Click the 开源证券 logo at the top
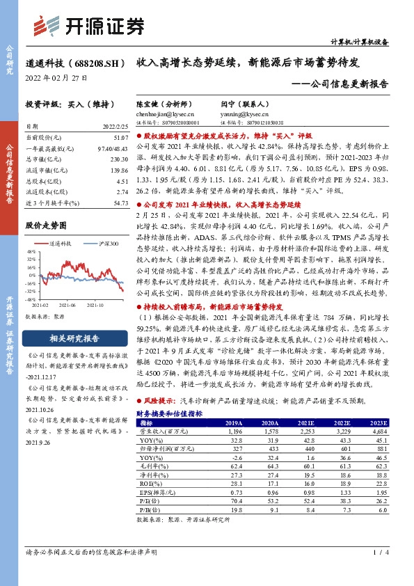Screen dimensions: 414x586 pyautogui.click(x=90, y=26)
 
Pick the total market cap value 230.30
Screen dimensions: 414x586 pyautogui.click(x=119, y=159)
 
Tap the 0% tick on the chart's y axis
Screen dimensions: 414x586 pyautogui.click(x=32, y=265)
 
